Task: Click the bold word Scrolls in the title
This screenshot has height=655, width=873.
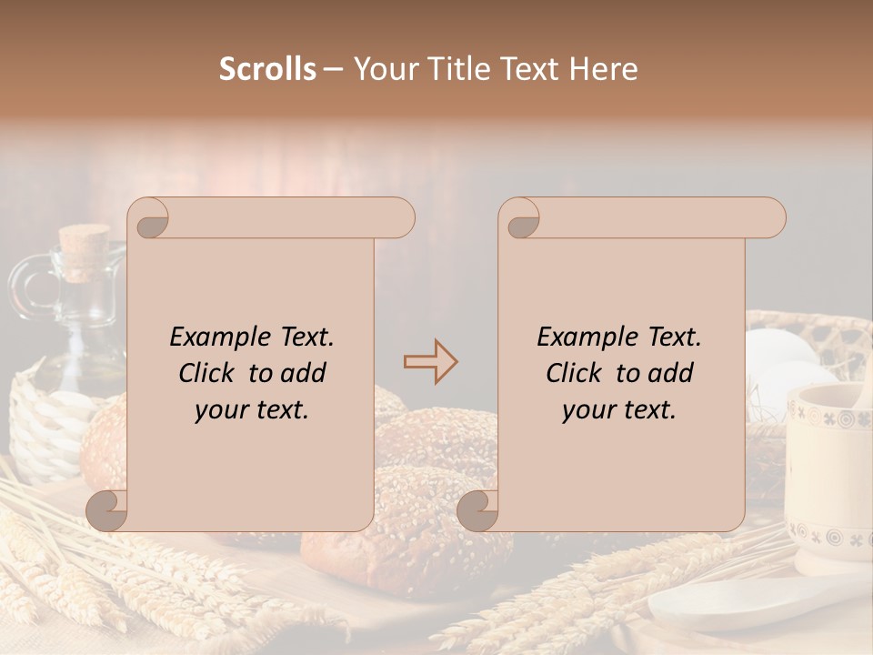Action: [x=267, y=69]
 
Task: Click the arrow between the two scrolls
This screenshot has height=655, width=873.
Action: [x=430, y=361]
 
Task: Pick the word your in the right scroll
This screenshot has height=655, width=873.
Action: [x=588, y=409]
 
